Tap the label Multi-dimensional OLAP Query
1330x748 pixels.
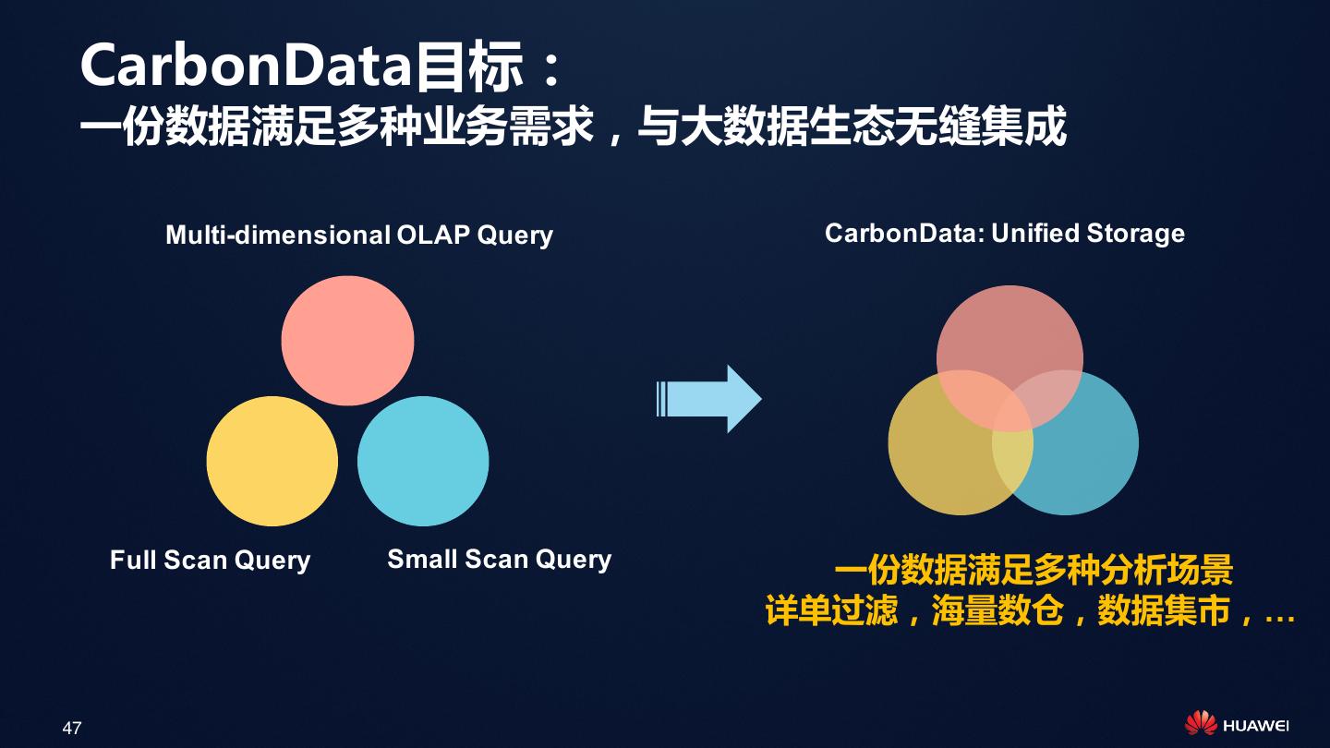pos(358,235)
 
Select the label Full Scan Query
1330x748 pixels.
pos(210,560)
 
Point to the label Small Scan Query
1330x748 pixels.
pos(499,559)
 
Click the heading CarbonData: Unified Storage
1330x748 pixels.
pos(1004,233)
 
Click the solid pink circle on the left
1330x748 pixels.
pos(347,341)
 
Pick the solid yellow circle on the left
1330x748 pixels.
pos(272,461)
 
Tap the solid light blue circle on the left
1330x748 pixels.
pos(423,461)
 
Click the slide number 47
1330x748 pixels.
pos(72,728)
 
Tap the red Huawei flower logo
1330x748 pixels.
pos(1200,724)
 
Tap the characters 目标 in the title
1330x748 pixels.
pos(468,67)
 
